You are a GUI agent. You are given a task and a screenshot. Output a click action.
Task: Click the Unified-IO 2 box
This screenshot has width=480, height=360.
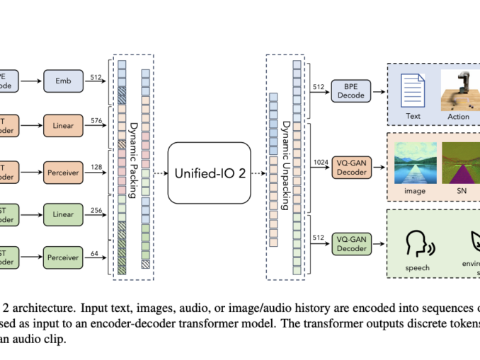pos(210,172)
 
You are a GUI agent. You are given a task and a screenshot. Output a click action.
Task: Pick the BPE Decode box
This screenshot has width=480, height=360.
pos(351,91)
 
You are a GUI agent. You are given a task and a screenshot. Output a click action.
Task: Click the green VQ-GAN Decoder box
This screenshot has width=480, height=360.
pos(351,243)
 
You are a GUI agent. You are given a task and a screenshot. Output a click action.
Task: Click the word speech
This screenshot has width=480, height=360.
pos(417,268)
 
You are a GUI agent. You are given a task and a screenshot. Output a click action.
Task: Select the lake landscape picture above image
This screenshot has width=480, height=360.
pos(416,163)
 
